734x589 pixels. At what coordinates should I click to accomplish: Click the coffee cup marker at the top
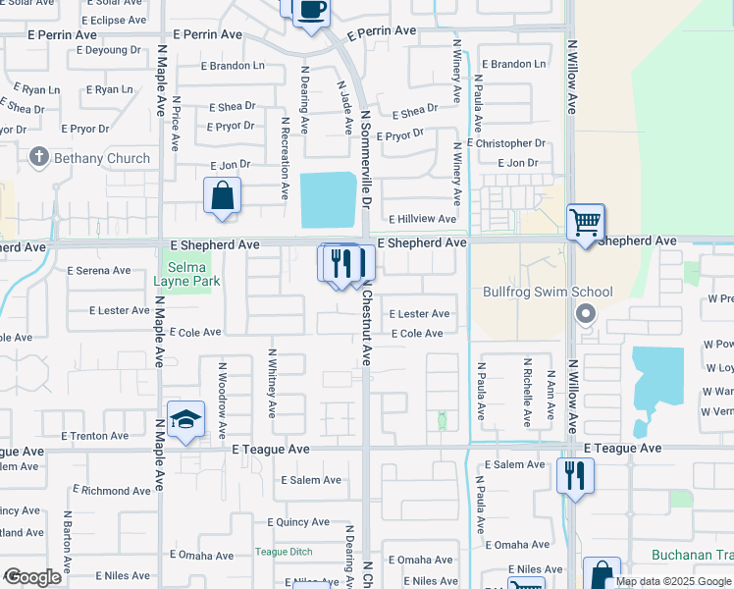(311, 11)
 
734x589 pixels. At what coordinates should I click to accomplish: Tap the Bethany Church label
(102, 158)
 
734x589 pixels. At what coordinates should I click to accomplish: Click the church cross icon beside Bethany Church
(39, 157)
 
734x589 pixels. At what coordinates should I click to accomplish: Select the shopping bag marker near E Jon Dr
(223, 194)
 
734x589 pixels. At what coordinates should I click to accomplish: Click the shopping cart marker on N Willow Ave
(586, 222)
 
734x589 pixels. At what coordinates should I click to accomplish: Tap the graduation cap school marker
(185, 420)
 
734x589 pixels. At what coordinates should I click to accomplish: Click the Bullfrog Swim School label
(548, 292)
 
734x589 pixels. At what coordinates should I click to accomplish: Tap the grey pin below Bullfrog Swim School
(586, 314)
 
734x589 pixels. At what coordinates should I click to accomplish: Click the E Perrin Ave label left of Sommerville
(207, 33)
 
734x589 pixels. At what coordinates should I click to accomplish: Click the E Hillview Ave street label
(422, 220)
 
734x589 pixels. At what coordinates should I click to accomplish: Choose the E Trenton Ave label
(94, 436)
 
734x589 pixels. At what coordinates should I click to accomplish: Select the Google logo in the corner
(32, 577)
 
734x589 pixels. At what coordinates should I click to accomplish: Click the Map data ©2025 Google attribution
(672, 581)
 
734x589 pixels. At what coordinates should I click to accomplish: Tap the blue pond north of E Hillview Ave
(327, 198)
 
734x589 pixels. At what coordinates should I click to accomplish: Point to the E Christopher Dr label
(506, 143)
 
